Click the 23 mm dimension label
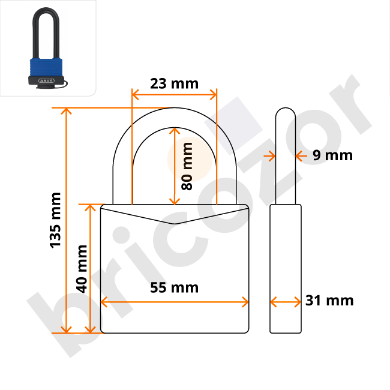[x=174, y=83]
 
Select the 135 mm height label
[x=55, y=220]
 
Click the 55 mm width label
[x=174, y=287]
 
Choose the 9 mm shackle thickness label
[x=333, y=155]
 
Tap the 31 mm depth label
[x=329, y=301]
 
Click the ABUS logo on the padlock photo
[x=46, y=79]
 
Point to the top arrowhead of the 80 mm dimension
[x=175, y=130]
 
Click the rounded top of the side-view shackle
[x=286, y=114]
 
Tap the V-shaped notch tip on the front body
[x=175, y=223]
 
